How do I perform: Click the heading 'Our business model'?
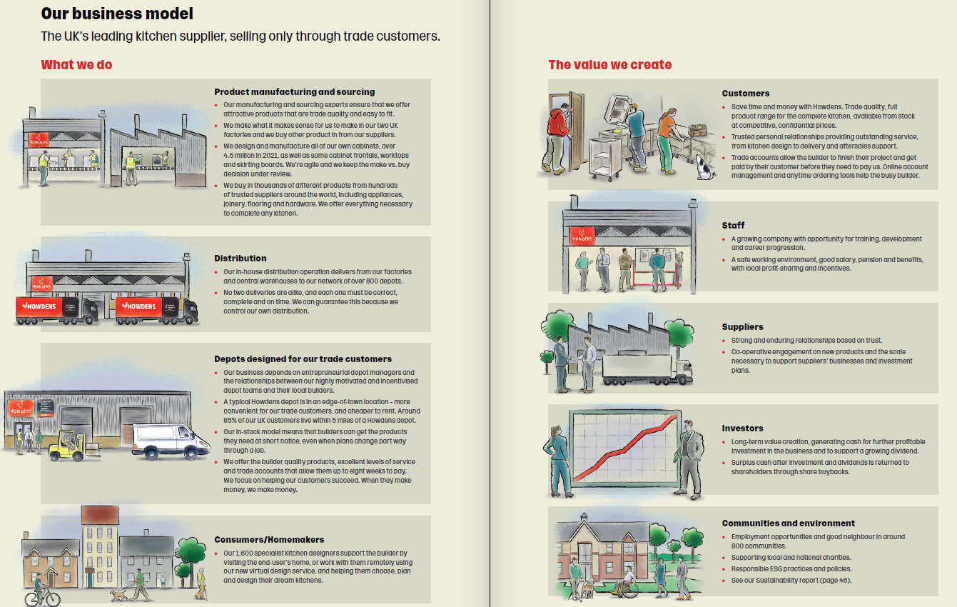click(x=117, y=14)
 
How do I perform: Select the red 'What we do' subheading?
click(x=76, y=65)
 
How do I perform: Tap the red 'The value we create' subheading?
click(x=609, y=65)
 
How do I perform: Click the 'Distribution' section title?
click(x=240, y=259)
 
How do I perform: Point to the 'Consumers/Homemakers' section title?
click(x=269, y=540)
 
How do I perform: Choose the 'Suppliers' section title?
click(x=742, y=327)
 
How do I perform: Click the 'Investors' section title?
click(x=742, y=428)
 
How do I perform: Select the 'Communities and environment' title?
click(x=788, y=523)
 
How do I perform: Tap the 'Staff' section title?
click(x=733, y=226)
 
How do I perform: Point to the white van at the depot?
click(x=161, y=441)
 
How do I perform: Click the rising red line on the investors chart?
click(x=624, y=446)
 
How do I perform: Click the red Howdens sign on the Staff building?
click(x=582, y=236)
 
